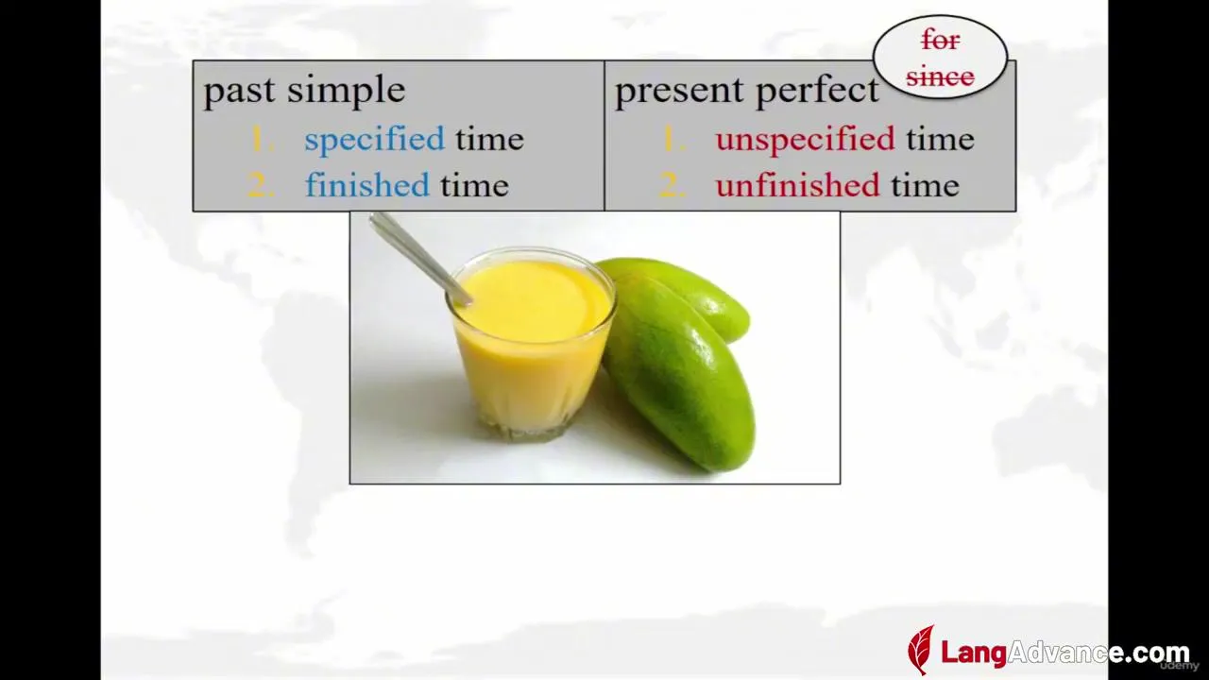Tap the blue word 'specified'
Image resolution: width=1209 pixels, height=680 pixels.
[x=375, y=140]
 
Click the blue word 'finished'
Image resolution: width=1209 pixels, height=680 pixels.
[x=367, y=185]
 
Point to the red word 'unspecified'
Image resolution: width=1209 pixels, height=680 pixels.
[x=806, y=140]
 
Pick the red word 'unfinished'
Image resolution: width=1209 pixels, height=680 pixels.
[x=798, y=185]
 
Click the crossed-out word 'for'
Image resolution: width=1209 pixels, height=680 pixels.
[x=940, y=40]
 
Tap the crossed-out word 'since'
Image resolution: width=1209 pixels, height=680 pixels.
[x=940, y=76]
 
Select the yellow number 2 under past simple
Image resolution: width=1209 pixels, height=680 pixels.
[x=261, y=185]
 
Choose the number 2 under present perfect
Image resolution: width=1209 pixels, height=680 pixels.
[x=673, y=185]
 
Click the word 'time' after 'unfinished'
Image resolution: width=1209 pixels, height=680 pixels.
[x=925, y=186]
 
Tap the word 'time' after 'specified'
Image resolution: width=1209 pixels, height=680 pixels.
[x=489, y=140]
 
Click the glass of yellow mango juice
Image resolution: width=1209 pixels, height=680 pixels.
[x=530, y=346]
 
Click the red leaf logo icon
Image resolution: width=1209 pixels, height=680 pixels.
[x=921, y=651]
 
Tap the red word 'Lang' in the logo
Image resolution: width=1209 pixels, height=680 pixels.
[x=974, y=653]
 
